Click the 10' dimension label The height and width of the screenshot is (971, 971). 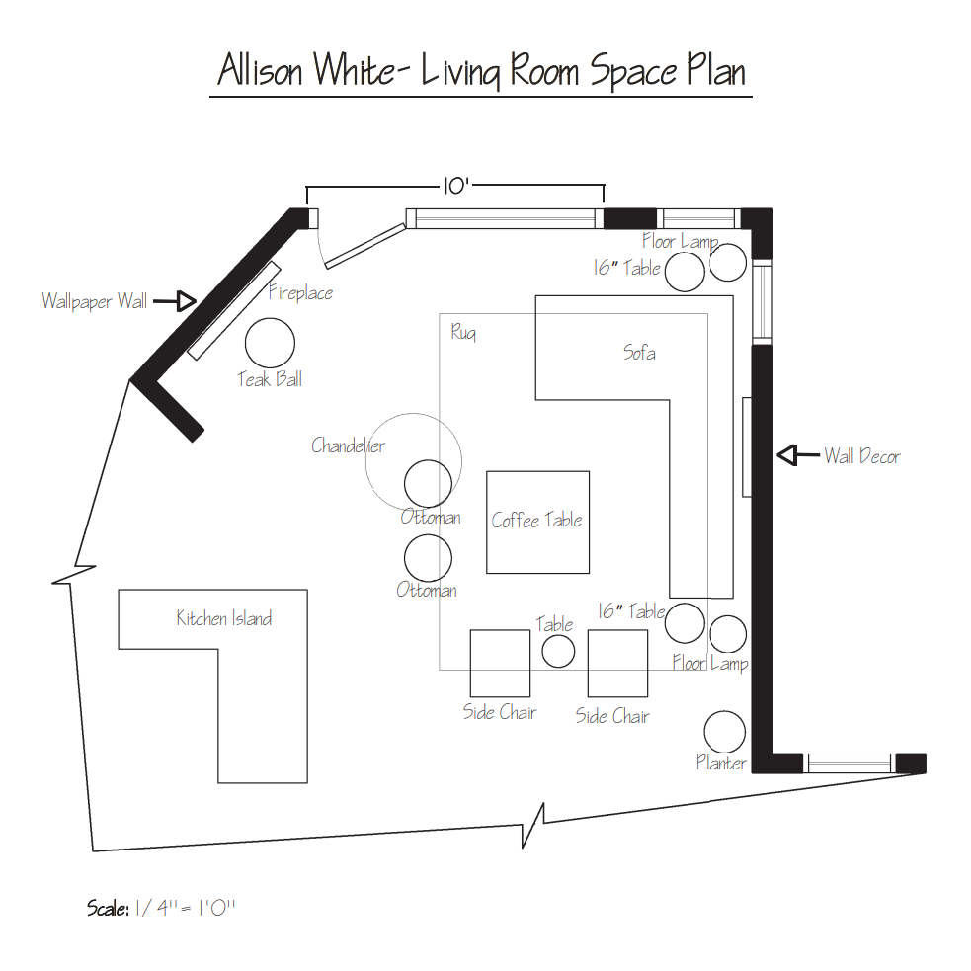click(x=455, y=186)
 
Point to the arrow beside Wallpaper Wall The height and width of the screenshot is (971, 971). click(x=175, y=301)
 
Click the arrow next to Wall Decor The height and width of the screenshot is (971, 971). click(x=798, y=455)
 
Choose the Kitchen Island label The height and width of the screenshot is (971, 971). click(x=223, y=618)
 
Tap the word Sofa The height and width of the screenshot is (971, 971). click(x=639, y=353)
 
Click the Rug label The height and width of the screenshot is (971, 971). click(x=463, y=333)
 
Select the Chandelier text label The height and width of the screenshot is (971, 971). click(x=348, y=445)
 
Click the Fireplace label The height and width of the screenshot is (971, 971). click(x=301, y=292)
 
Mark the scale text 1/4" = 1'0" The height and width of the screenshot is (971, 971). click(x=185, y=908)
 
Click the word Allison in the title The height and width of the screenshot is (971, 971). click(x=260, y=69)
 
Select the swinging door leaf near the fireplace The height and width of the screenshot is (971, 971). click(x=364, y=246)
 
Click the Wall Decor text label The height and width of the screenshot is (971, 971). click(x=862, y=456)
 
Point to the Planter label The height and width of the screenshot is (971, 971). click(x=721, y=763)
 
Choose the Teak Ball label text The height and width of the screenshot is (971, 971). click(x=270, y=379)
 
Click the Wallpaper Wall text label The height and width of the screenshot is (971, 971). click(x=95, y=301)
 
